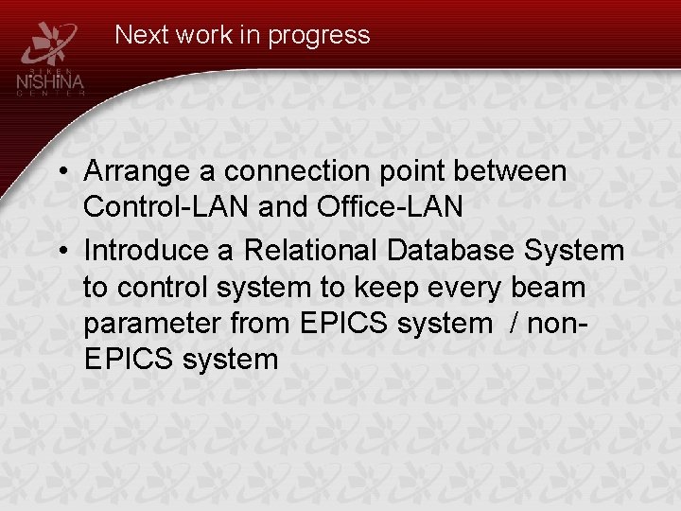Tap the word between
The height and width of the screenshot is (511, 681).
[x=512, y=172]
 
